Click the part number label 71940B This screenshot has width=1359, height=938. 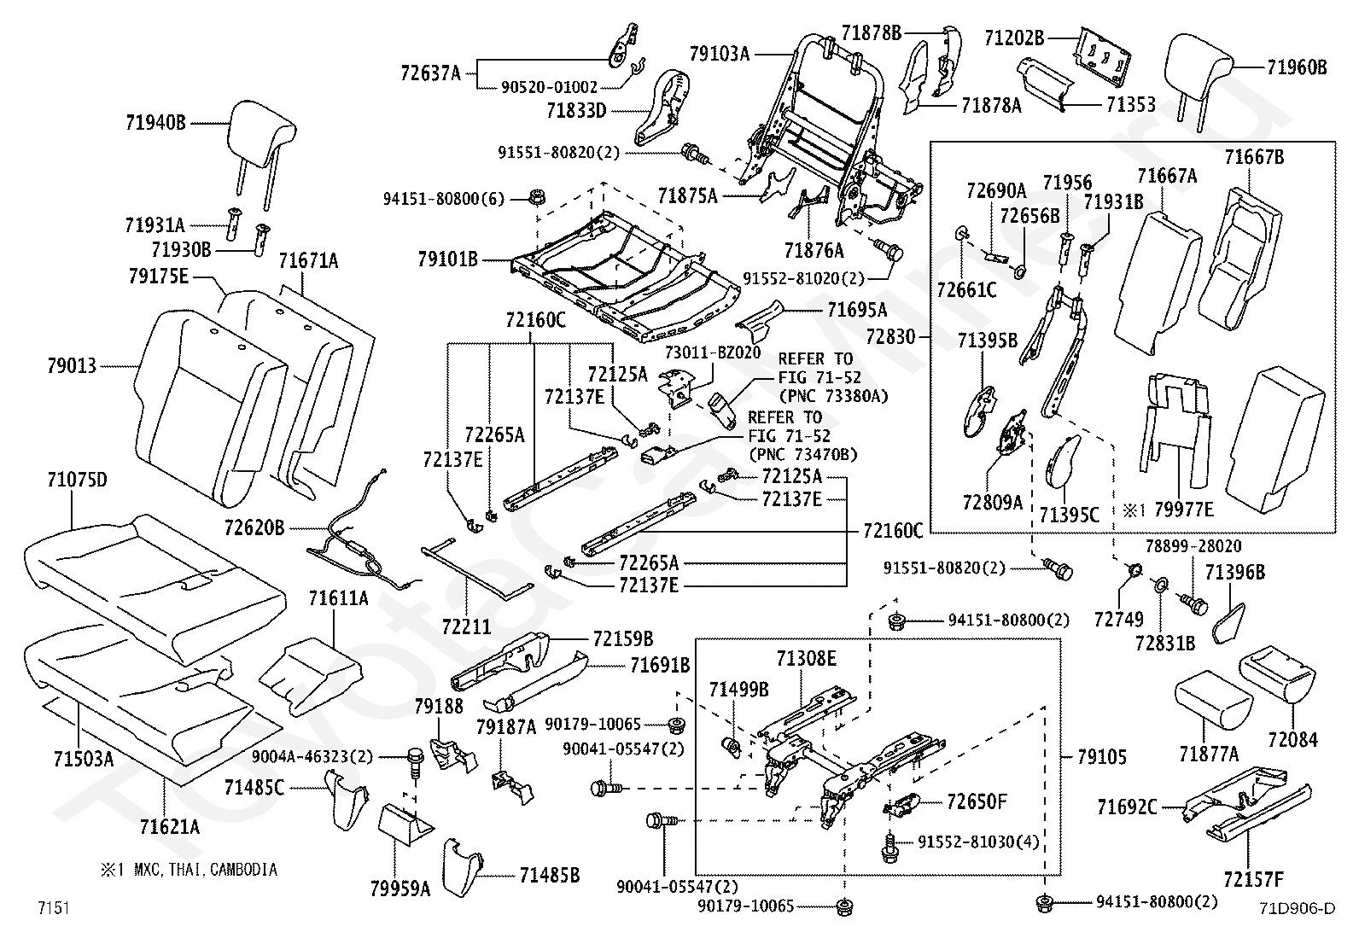(155, 123)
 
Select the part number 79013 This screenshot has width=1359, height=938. (73, 366)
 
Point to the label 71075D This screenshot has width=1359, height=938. (77, 481)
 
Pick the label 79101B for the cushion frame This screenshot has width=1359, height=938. (448, 259)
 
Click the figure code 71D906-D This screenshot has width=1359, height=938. (1297, 908)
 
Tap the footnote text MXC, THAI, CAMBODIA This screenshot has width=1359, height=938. (206, 870)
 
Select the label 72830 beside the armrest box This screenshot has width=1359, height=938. (890, 336)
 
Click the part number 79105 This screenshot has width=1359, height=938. (1102, 757)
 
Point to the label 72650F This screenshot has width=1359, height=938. (977, 802)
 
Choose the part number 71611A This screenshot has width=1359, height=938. (339, 599)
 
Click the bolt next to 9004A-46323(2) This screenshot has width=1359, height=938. (415, 762)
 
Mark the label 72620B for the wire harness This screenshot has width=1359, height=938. (254, 527)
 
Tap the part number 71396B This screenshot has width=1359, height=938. (1234, 572)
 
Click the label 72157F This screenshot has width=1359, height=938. (1253, 879)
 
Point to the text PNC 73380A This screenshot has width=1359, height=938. (834, 396)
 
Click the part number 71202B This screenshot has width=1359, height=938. (1014, 38)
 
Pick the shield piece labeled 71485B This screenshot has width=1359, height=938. (461, 868)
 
